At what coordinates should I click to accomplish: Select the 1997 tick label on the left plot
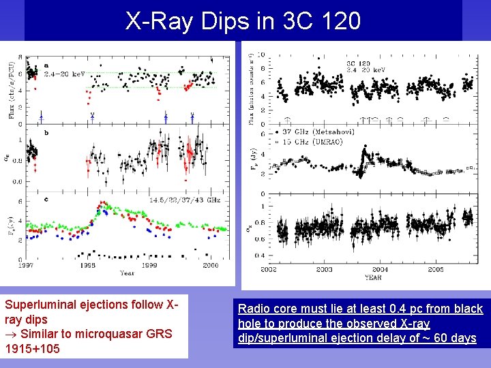tap(27, 265)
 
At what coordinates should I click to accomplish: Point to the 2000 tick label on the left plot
tap(210, 265)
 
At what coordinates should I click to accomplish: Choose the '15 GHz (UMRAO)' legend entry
tap(310, 140)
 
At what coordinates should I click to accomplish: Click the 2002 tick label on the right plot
tap(271, 270)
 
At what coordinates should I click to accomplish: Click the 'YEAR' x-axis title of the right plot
tap(372, 277)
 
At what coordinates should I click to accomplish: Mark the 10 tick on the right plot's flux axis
tap(262, 55)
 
